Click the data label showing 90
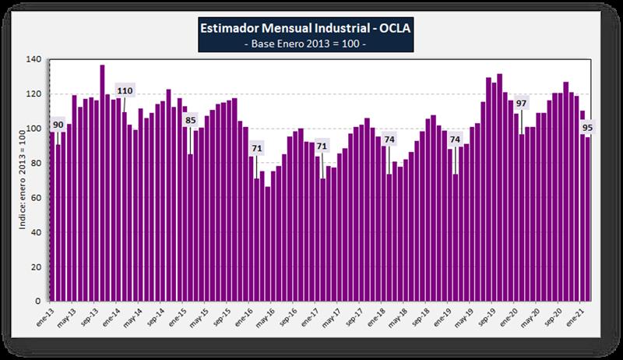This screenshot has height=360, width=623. click(58, 125)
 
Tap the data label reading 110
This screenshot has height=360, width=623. click(125, 91)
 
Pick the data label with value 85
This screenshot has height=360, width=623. click(190, 120)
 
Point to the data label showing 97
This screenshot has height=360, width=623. click(521, 104)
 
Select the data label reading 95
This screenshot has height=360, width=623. click(587, 127)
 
